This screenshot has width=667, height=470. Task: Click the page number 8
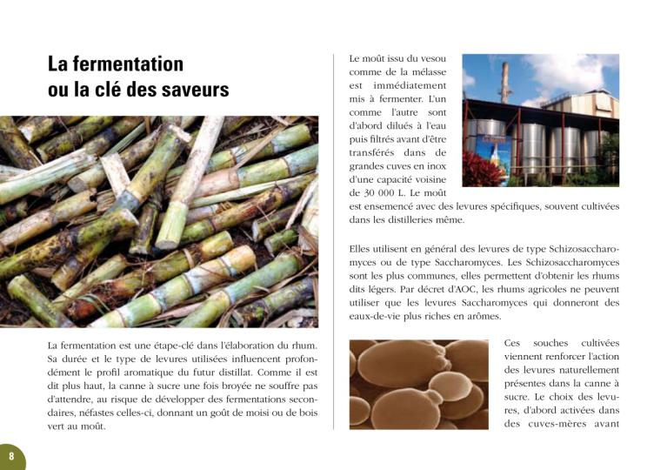point(11,455)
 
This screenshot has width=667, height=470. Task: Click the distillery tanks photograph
point(540,120)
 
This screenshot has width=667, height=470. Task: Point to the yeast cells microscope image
point(418,384)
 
